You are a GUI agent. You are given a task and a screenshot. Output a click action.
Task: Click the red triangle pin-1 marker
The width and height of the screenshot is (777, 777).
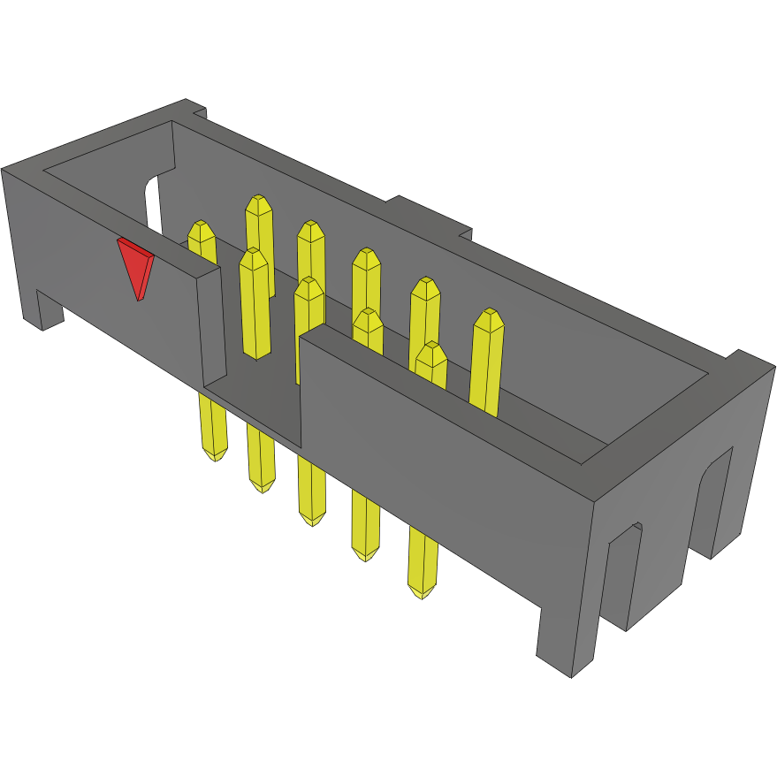pyautogui.click(x=135, y=265)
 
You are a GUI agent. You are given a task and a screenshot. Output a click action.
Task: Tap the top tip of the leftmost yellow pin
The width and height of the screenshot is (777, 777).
pyautogui.click(x=202, y=229)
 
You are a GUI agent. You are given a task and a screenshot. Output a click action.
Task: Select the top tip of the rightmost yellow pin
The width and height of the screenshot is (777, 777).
pyautogui.click(x=488, y=319)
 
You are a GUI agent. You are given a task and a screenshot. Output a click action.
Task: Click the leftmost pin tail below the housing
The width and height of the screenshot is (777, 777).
pyautogui.click(x=212, y=428)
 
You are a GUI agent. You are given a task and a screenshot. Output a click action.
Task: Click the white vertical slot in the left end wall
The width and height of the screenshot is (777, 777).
pyautogui.click(x=153, y=202)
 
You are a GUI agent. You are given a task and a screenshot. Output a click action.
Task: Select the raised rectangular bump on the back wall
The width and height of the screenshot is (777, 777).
pyautogui.click(x=430, y=217)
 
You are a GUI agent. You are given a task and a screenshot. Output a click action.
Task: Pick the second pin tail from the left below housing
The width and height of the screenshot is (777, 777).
pyautogui.click(x=262, y=460)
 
